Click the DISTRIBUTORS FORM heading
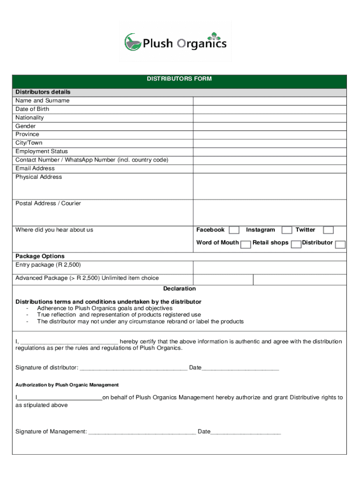point(180,79)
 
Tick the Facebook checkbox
point(234,230)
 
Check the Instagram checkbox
point(287,230)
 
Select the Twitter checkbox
point(329,230)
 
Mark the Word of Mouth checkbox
point(245,244)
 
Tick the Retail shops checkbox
point(296,244)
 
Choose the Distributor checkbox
point(340,244)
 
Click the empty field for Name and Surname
point(270,101)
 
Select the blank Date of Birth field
point(270,109)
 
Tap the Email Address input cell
point(270,168)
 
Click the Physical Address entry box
point(270,186)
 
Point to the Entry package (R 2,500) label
point(45,265)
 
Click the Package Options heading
point(40,256)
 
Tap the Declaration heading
point(180,289)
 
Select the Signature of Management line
point(142,432)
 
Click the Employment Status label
point(42,152)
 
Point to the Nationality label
point(29,118)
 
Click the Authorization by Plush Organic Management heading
point(67,385)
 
